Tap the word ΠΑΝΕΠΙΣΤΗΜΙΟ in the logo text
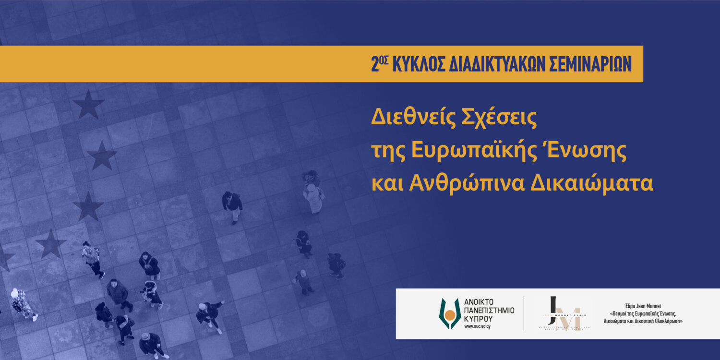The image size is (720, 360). (x=489, y=311)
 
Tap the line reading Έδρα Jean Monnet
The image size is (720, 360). (x=643, y=305)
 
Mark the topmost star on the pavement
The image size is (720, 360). (x=88, y=105)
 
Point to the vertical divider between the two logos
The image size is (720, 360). (x=524, y=313)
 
